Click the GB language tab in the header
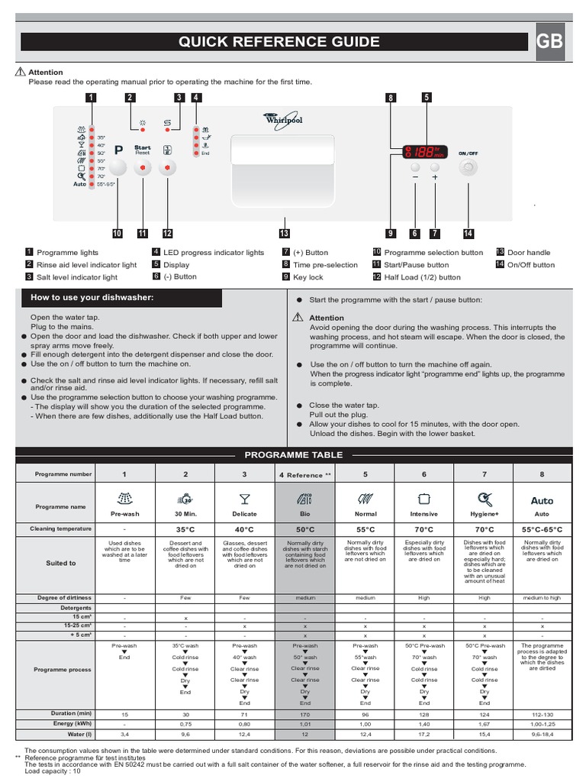tap(550, 42)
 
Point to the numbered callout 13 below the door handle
tap(285, 234)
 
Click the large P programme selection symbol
tap(119, 151)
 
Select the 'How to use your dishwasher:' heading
tap(92, 297)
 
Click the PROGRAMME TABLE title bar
tap(293, 455)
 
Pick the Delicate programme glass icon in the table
tap(244, 500)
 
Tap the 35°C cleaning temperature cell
tap(185, 528)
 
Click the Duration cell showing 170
tap(304, 713)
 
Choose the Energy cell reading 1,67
tap(485, 724)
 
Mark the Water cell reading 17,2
tap(424, 735)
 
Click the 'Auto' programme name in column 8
tap(542, 501)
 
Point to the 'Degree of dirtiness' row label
tap(60, 597)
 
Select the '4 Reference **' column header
tap(304, 475)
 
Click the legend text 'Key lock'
tap(308, 277)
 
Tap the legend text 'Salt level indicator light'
tap(77, 277)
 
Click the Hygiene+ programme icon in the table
tap(485, 500)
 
